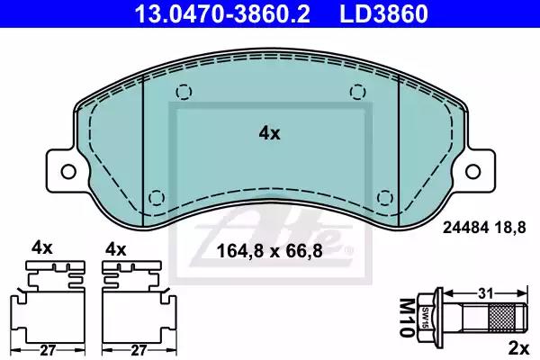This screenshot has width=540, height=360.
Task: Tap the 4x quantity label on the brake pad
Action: (269, 133)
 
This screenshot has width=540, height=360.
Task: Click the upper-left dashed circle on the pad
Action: (184, 91)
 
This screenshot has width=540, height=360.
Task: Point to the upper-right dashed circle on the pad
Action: (358, 91)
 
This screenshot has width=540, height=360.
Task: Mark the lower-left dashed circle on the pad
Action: (157, 197)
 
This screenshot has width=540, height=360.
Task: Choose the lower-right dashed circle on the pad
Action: (385, 197)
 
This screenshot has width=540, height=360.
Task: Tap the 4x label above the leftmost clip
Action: (43, 247)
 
